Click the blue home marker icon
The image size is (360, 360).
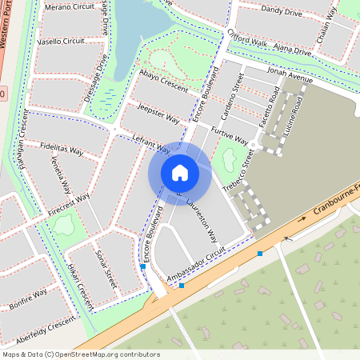tap(180, 173)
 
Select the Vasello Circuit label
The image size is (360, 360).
tap(62, 40)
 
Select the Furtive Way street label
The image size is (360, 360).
tap(226, 133)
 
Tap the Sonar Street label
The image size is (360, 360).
tap(106, 268)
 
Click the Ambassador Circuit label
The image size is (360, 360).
tap(196, 266)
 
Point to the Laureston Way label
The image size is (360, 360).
tap(202, 221)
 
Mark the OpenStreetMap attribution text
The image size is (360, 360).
tap(80, 354)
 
